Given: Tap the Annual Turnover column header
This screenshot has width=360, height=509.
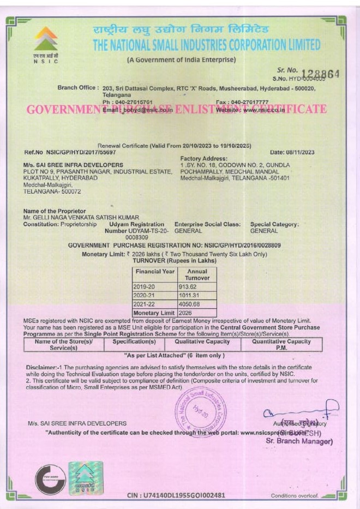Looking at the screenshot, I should tap(197, 274).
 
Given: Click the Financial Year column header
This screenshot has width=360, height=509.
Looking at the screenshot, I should tap(155, 271).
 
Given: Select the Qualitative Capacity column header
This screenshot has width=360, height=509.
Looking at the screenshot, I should tap(202, 342).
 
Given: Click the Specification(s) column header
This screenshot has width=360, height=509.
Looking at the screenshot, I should tap(134, 342).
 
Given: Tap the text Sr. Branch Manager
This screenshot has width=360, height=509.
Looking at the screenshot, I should tap(299, 441).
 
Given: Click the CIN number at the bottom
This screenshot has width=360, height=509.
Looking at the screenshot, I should tap(175, 495).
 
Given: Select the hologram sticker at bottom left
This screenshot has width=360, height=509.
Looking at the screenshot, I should tap(85, 477).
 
